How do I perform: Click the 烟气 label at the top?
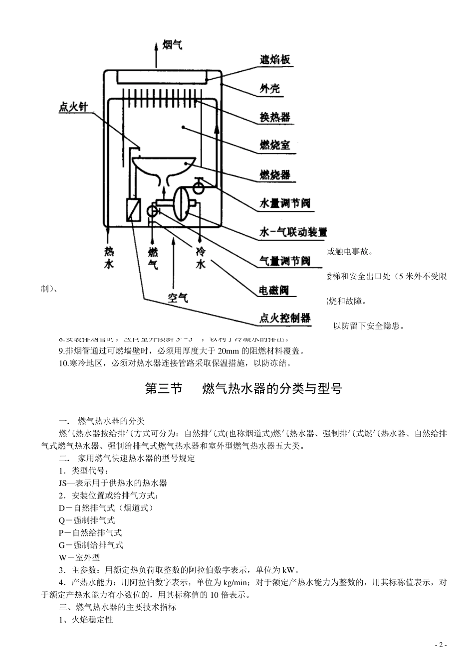[172, 45]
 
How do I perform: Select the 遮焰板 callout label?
[274, 60]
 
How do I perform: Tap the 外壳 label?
[270, 89]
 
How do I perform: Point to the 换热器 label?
[274, 117]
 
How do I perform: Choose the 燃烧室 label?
[274, 146]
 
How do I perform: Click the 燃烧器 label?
[274, 174]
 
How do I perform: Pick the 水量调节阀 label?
[285, 203]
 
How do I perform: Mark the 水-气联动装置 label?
[293, 232]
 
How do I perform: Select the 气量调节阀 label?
[285, 261]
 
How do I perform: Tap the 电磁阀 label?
[274, 290]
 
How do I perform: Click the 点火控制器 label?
[285, 318]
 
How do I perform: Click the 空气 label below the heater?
[178, 298]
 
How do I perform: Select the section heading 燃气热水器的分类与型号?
[272, 389]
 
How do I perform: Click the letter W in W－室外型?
[62, 557]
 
